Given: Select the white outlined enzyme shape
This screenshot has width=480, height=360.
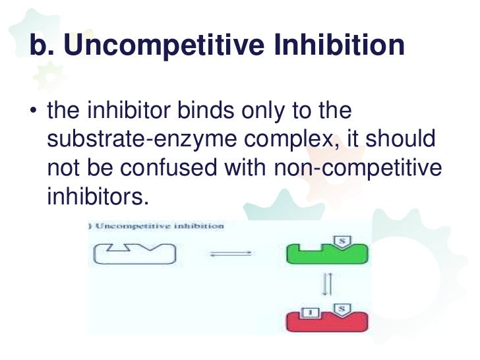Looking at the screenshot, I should pyautogui.click(x=135, y=253).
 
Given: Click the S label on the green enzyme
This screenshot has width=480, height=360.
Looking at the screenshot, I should pyautogui.click(x=343, y=242).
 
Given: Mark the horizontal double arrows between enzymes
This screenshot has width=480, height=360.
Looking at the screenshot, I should pyautogui.click(x=231, y=253).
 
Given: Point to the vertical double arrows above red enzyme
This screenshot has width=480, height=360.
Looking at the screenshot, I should pyautogui.click(x=326, y=285).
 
